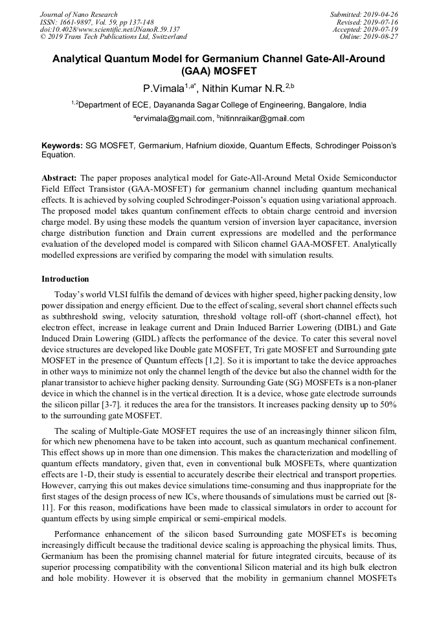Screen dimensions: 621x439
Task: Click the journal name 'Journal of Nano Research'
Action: coord(79,14)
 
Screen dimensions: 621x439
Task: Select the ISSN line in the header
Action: coord(97,21)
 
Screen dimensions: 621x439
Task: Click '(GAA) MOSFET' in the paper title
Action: coord(219,71)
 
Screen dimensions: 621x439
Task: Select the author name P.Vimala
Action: coord(163,88)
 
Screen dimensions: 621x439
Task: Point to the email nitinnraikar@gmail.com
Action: coord(262,119)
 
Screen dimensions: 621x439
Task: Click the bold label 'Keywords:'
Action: coord(62,147)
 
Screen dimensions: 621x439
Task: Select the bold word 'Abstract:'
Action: coord(60,177)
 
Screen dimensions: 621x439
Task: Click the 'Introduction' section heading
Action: coord(65,279)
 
